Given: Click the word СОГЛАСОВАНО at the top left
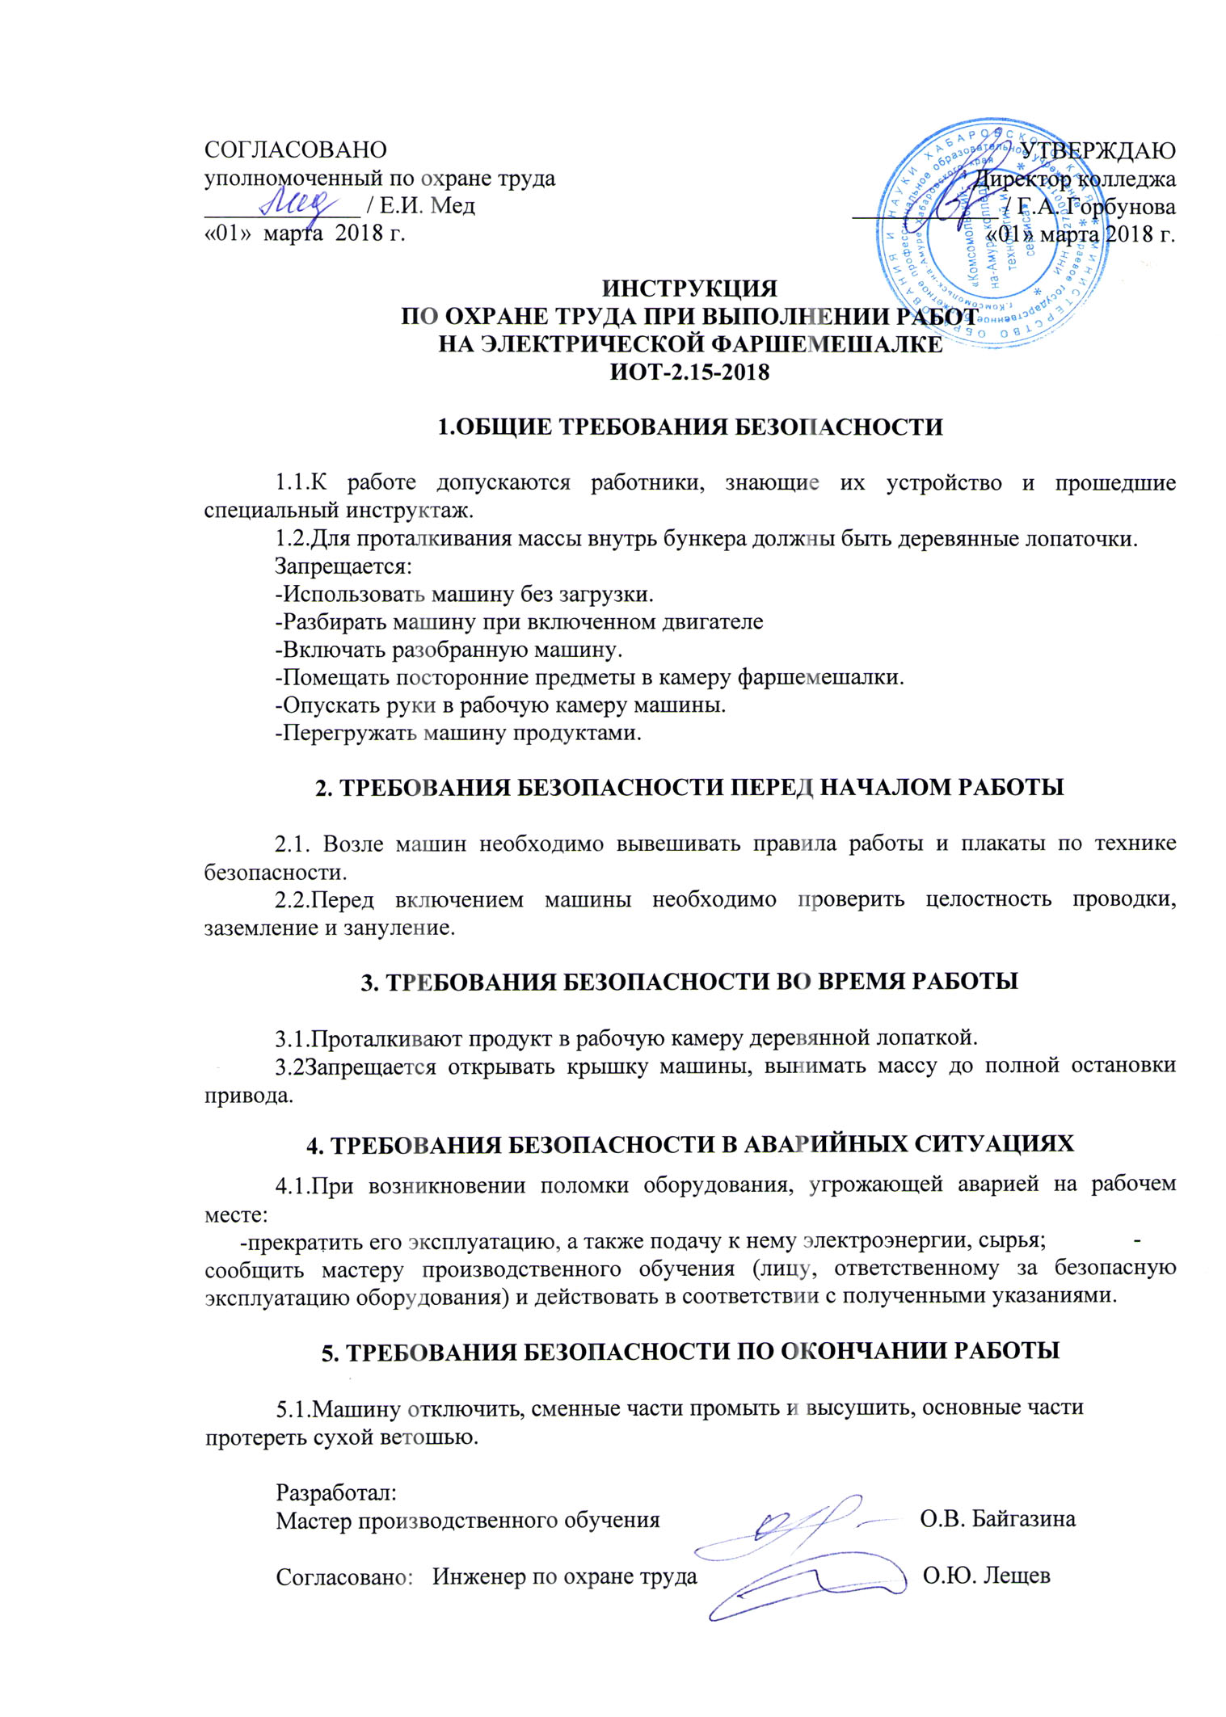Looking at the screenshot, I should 295,150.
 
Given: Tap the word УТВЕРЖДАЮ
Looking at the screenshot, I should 1098,150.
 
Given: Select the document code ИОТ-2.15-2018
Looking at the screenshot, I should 689,372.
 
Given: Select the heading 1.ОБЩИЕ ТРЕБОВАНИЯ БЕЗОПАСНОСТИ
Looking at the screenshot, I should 689,427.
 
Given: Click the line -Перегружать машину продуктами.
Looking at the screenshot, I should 458,733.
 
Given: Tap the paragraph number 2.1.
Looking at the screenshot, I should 293,844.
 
